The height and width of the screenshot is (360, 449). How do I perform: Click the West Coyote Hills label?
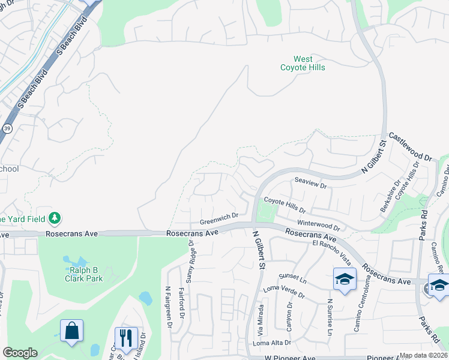[x=303, y=63]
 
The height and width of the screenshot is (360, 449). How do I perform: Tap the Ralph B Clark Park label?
[x=83, y=274]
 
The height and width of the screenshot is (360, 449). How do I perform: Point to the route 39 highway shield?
[x=7, y=128]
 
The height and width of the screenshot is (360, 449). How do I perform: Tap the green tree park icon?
[x=55, y=217]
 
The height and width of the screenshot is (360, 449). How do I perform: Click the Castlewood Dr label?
[x=411, y=147]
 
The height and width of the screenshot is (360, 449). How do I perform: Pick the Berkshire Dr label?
[x=387, y=197]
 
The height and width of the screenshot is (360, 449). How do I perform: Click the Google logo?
[x=20, y=353]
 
